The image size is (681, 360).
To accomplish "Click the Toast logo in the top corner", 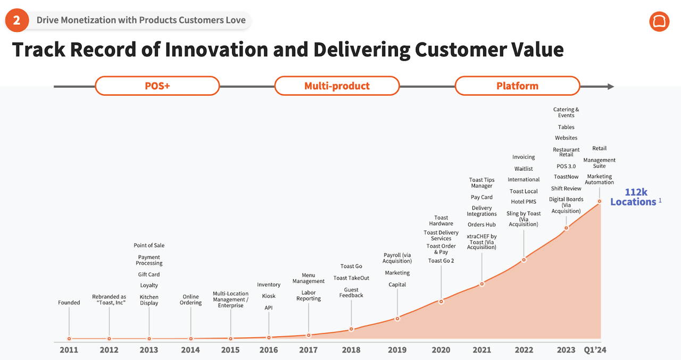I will (x=659, y=21).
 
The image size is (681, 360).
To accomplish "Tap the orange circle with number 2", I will (x=17, y=21).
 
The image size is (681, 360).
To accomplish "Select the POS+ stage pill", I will (x=157, y=86).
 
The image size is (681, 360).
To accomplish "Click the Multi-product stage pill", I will (x=337, y=86).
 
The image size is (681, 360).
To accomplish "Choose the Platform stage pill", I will (x=517, y=86).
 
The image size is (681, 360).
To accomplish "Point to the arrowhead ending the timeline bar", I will (x=611, y=86).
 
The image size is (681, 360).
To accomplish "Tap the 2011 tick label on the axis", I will (x=69, y=350).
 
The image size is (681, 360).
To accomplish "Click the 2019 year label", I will (x=397, y=350).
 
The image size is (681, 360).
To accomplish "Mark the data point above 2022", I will (x=524, y=260).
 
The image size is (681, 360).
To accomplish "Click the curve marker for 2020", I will (x=441, y=302).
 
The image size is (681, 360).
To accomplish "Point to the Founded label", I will (x=69, y=303).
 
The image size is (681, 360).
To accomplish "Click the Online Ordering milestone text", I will (x=190, y=300).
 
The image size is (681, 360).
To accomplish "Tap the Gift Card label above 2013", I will (x=149, y=274).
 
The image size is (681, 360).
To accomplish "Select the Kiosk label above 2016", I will (x=269, y=296).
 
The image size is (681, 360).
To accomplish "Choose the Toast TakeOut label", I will (x=351, y=278).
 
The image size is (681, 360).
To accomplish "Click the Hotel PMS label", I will (x=524, y=202).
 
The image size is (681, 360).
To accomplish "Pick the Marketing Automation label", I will (x=599, y=179).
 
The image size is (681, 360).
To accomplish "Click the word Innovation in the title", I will (x=215, y=49).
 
